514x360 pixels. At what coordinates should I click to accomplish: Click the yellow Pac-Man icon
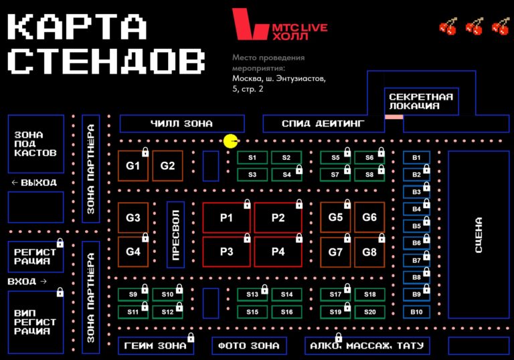(231, 141)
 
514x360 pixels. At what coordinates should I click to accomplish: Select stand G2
(167, 165)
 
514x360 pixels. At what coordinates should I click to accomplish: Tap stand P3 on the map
(226, 252)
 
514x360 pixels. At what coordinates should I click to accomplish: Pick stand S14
(286, 294)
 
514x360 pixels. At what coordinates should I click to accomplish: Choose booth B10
(416, 312)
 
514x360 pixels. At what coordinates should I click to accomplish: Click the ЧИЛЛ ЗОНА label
(181, 124)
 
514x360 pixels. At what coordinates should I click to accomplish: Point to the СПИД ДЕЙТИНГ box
(323, 124)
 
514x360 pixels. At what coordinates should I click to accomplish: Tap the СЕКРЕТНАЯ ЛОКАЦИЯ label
(421, 101)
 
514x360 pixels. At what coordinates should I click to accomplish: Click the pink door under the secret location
(394, 117)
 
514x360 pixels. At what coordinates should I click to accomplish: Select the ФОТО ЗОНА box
(249, 345)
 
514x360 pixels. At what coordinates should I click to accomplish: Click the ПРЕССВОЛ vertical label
(176, 235)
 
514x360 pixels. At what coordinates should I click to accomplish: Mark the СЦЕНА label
(479, 235)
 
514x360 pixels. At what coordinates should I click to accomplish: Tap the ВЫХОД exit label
(34, 183)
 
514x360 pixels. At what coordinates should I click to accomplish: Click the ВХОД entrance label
(27, 281)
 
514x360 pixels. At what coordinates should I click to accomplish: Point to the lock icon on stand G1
(145, 152)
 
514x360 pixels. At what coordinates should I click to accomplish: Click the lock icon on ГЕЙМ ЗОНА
(191, 337)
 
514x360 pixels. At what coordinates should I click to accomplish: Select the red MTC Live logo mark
(250, 24)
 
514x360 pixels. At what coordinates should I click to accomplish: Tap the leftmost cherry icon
(448, 26)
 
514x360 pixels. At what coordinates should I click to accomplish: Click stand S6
(369, 157)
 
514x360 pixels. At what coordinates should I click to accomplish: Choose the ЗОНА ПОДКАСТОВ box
(36, 144)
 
